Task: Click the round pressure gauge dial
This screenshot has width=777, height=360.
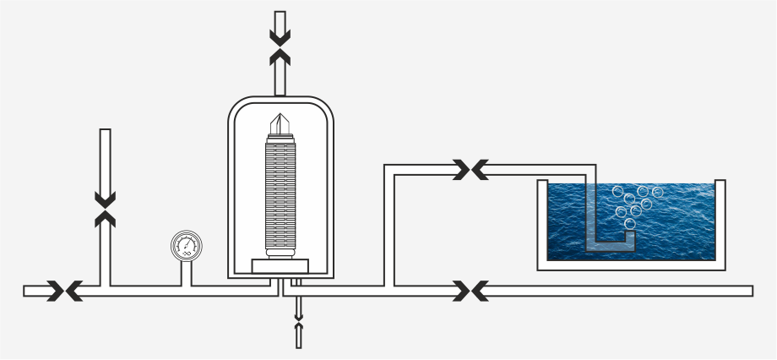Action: pos(187,247)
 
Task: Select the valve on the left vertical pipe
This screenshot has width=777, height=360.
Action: pos(106,209)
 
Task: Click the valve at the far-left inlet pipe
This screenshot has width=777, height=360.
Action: pos(64,291)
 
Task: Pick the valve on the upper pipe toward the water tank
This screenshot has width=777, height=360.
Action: pos(470,170)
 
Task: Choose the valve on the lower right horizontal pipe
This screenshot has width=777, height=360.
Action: pos(470,291)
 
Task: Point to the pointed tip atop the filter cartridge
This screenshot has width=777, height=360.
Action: pos(280,119)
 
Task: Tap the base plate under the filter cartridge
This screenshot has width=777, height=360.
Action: pos(280,266)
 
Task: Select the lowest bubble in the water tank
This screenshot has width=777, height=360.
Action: pos(630,223)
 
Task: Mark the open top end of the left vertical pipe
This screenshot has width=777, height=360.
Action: pos(106,131)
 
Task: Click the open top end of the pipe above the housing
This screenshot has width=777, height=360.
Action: pos(280,14)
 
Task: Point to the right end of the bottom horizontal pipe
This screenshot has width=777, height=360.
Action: pos(750,291)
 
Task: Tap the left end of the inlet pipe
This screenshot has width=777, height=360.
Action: pos(26,291)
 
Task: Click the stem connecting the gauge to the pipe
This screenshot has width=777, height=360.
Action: pos(187,272)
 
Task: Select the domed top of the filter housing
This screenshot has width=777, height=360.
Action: pos(280,102)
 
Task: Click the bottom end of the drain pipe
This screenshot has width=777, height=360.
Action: pos(298,345)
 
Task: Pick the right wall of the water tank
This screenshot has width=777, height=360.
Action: pos(720,221)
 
